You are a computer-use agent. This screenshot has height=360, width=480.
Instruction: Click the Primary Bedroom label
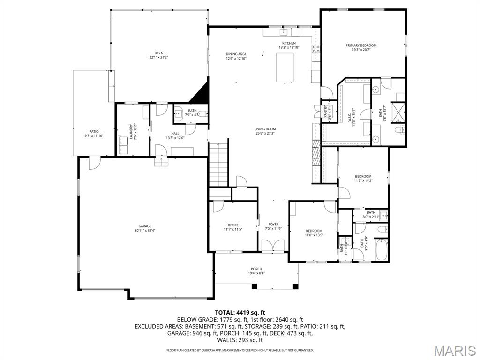coord(361,46)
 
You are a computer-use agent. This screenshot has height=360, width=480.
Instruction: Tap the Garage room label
coord(144,226)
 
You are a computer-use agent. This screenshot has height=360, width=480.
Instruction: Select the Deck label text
coord(158,53)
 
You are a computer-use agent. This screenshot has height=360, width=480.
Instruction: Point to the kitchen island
coord(285,67)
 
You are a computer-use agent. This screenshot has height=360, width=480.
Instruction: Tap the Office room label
coord(233,225)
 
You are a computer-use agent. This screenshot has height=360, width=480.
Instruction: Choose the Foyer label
coord(273,225)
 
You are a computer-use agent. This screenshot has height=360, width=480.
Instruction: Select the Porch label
coord(256,269)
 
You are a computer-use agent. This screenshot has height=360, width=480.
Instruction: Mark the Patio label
coord(94,131)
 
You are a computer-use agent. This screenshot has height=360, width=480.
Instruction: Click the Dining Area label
coord(236,54)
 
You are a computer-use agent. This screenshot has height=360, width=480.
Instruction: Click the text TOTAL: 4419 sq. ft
coord(240,312)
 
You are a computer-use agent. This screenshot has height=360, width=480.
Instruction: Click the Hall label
coord(175,134)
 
